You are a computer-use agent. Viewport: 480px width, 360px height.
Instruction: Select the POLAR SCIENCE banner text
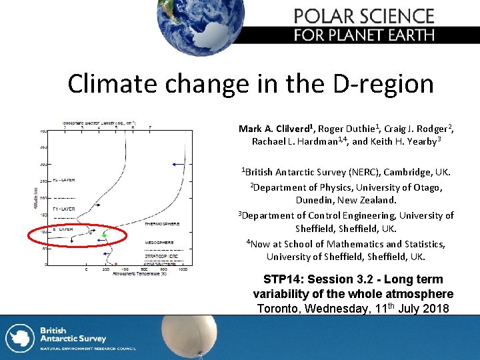tap(364, 16)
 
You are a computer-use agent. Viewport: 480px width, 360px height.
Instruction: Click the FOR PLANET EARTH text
tap(364, 35)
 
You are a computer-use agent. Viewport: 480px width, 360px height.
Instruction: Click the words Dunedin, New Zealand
tap(346, 200)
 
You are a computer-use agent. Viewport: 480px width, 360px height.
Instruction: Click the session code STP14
tap(281, 279)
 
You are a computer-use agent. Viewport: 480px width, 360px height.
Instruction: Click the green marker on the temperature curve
tap(104, 236)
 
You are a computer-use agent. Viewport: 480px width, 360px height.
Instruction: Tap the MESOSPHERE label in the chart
tap(160, 242)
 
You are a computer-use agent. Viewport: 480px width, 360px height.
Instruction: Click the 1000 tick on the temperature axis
tap(183, 269)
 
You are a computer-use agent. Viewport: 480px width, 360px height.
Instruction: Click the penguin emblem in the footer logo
tap(19, 337)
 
